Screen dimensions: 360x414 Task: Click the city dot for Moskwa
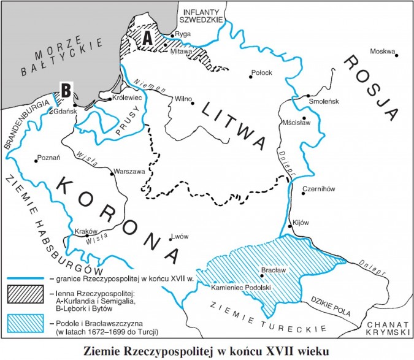coord(397,56)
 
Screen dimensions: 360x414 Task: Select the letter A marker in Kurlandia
coord(147,37)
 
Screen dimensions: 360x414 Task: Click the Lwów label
coord(180,236)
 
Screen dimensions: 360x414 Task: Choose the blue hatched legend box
coord(25,322)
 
